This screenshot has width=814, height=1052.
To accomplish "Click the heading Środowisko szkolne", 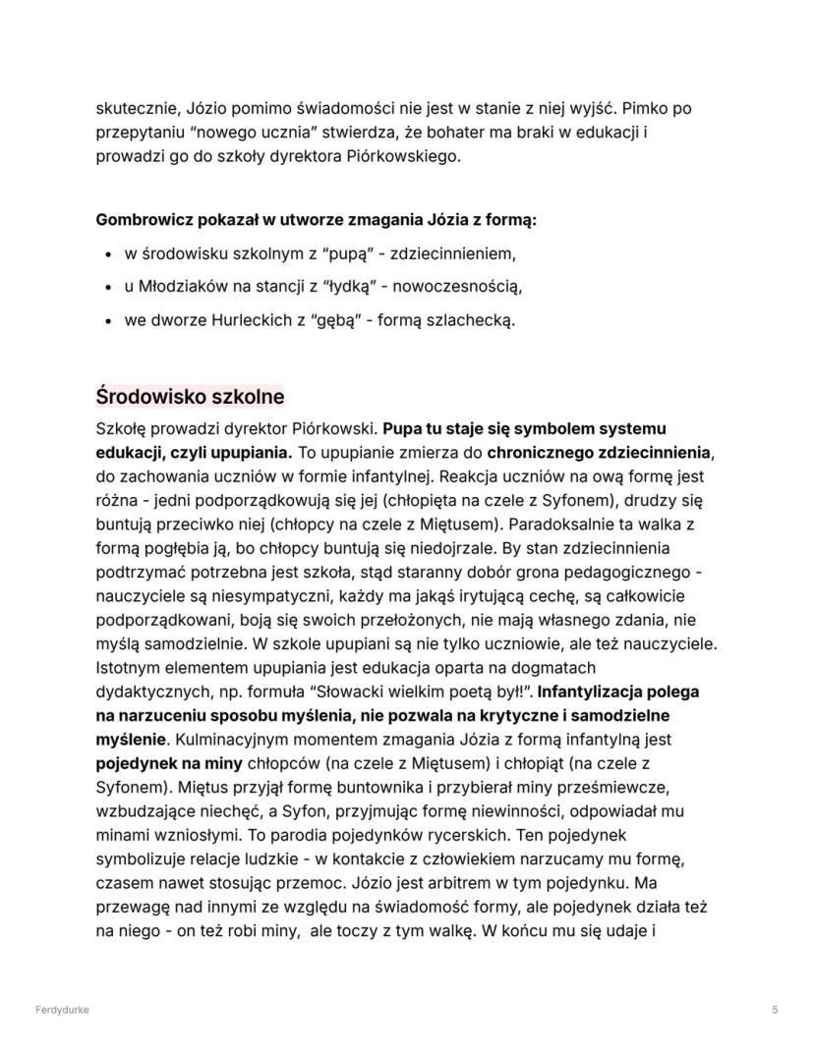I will (190, 397).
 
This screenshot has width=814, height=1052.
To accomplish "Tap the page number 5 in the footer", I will (775, 1010).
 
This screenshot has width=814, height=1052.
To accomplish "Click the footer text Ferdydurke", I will (62, 1010).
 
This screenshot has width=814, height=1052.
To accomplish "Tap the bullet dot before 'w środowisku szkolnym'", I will (108, 255).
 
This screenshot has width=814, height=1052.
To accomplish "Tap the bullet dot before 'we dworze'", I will (108, 320).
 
